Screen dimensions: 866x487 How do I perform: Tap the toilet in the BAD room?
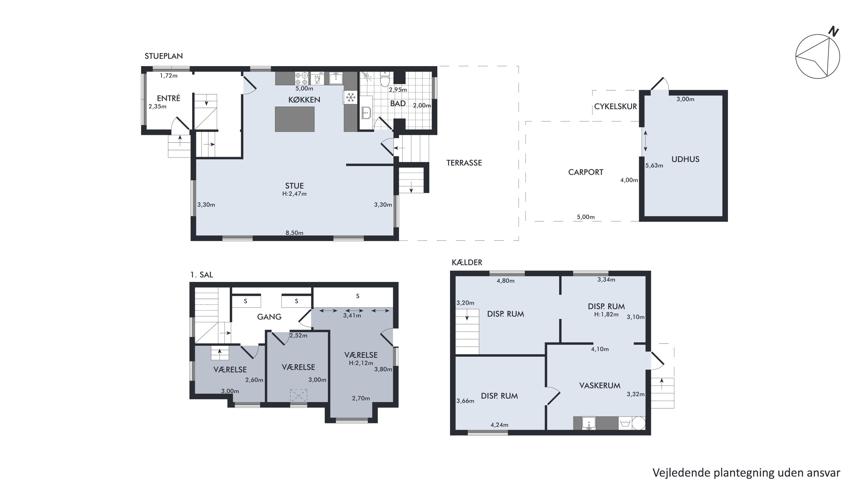pyautogui.click(x=385, y=79)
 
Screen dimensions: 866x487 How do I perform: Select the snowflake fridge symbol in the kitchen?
pyautogui.click(x=351, y=98)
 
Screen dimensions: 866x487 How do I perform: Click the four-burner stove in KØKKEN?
pyautogui.click(x=302, y=79)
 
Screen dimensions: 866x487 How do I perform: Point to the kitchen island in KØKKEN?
pyautogui.click(x=295, y=119)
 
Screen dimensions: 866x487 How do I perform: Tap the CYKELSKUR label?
pyautogui.click(x=615, y=107)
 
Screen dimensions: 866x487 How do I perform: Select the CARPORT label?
pyautogui.click(x=586, y=172)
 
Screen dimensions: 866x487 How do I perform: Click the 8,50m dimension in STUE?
pyautogui.click(x=294, y=233)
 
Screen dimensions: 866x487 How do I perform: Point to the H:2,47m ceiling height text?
pyautogui.click(x=294, y=194)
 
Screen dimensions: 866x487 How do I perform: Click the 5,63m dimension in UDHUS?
pyautogui.click(x=654, y=165)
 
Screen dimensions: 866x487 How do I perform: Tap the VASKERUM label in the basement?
pyautogui.click(x=600, y=385)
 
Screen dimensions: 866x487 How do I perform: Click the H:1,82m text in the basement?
pyautogui.click(x=606, y=315)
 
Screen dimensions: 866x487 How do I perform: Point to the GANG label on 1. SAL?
pyautogui.click(x=269, y=317)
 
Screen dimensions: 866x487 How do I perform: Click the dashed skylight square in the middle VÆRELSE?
pyautogui.click(x=299, y=395)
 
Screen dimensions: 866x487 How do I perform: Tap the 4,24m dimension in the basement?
pyautogui.click(x=499, y=425)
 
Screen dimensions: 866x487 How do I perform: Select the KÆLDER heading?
pyautogui.click(x=467, y=262)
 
